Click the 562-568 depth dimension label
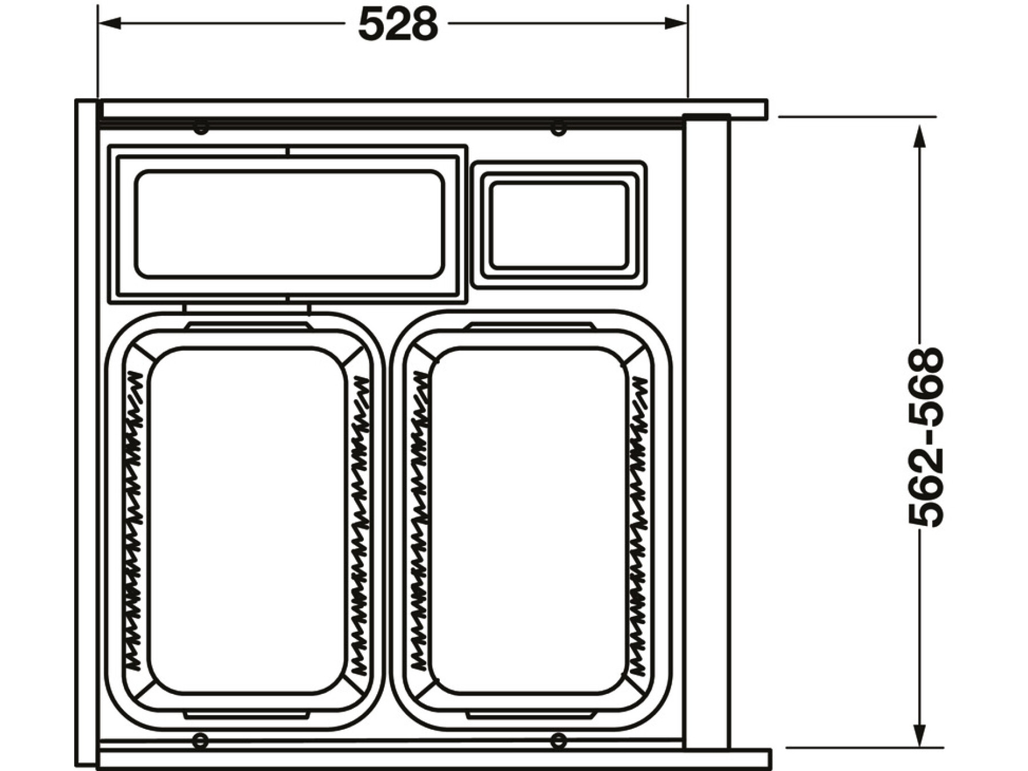click(x=926, y=437)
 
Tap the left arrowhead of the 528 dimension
click(x=110, y=23)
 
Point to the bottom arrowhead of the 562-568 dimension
click(x=919, y=736)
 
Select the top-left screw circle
click(x=201, y=127)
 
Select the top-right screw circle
click(x=559, y=128)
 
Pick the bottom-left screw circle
click(x=200, y=741)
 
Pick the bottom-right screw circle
click(x=558, y=741)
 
